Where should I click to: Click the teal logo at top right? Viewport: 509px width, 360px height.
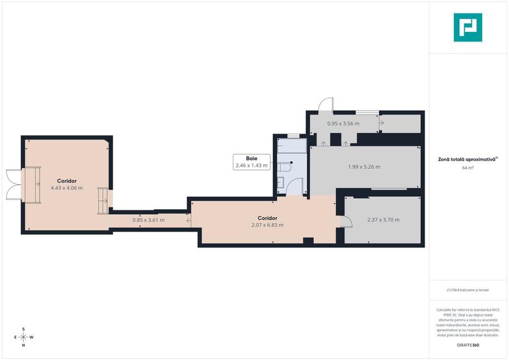tap(468, 27)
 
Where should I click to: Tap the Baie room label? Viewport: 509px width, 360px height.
tap(251, 159)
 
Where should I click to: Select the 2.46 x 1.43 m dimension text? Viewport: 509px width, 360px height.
tap(251, 166)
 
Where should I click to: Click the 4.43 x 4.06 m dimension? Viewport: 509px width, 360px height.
tap(67, 188)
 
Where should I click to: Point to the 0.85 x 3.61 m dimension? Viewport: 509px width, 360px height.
tap(148, 220)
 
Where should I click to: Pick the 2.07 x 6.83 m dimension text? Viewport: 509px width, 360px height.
tap(267, 225)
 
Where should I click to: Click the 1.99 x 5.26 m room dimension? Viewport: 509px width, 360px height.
tap(364, 167)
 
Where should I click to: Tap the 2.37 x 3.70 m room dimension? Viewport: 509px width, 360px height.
tap(384, 220)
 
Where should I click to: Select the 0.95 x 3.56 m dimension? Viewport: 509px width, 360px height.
tap(343, 123)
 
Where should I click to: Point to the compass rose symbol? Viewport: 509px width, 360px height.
tap(24, 337)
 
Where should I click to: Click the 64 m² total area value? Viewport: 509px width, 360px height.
tap(468, 168)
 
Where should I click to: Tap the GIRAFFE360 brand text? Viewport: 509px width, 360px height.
tap(468, 345)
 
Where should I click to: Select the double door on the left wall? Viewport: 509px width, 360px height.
tap(13, 184)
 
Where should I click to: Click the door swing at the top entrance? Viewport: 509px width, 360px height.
tap(326, 104)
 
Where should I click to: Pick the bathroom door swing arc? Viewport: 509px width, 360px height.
tap(295, 185)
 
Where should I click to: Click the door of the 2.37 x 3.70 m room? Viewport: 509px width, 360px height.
tap(346, 221)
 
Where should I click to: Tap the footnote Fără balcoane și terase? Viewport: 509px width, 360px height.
tap(468, 290)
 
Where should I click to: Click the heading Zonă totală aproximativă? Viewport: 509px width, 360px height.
tap(467, 159)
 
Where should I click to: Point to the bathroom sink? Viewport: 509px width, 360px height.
tap(281, 182)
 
